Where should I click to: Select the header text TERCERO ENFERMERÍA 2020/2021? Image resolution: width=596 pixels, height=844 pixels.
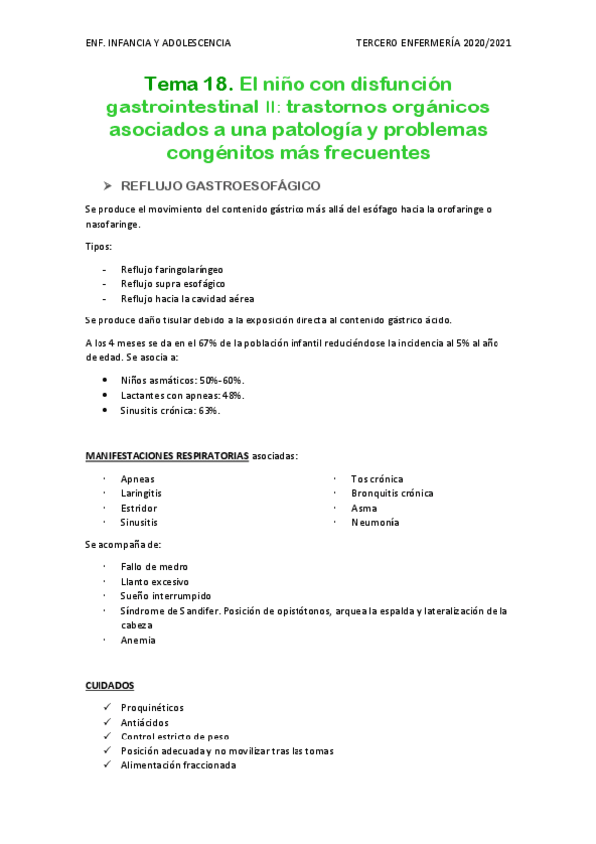434,43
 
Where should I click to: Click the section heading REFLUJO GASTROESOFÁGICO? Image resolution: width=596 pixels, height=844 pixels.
220,186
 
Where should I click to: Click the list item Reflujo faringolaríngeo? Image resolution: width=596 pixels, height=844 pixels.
172,269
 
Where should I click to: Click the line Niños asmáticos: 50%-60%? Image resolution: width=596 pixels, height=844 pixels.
182,381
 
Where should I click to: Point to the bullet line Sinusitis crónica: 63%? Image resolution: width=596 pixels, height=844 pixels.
170,410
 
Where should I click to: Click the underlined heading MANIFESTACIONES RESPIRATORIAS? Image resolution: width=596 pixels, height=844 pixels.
166,456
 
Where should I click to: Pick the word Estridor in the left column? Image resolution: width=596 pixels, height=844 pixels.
138,508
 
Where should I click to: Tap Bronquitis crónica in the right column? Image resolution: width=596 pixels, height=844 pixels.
392,493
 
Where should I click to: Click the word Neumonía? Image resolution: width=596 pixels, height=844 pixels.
374,522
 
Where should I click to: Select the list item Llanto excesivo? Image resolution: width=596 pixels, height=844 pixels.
154,581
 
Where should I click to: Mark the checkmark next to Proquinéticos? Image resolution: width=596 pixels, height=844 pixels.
106,708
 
